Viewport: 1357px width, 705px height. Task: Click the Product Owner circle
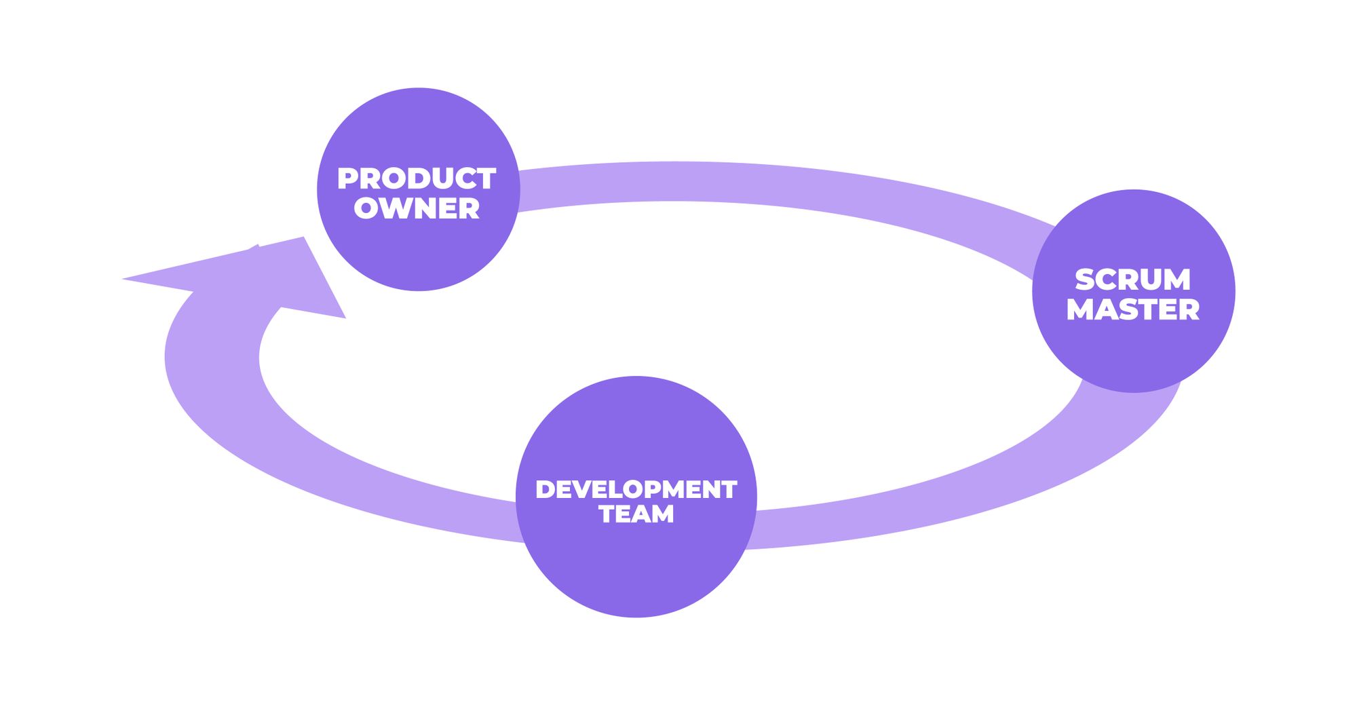pyautogui.click(x=418, y=251)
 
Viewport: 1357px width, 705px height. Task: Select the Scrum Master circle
pyautogui.click(x=1133, y=353)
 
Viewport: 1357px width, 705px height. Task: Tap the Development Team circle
pyautogui.click(x=636, y=570)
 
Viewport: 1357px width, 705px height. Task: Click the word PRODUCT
pyautogui.click(x=417, y=179)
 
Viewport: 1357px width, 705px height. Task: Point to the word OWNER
pyautogui.click(x=417, y=208)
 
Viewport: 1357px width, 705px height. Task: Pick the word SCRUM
pyautogui.click(x=1132, y=280)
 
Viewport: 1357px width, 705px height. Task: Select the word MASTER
pyautogui.click(x=1132, y=309)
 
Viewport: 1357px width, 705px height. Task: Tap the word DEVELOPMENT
pyautogui.click(x=636, y=489)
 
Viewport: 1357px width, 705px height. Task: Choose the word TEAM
pyautogui.click(x=636, y=514)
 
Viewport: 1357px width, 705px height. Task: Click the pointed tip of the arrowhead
pyautogui.click(x=124, y=278)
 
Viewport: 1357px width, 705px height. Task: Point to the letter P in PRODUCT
pyautogui.click(x=349, y=179)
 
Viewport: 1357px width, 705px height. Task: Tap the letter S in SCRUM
pyautogui.click(x=1086, y=280)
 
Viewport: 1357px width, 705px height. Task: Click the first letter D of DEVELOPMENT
pyautogui.click(x=546, y=489)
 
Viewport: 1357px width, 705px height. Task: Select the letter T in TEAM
pyautogui.click(x=608, y=514)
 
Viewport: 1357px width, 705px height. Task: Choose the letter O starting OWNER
pyautogui.click(x=366, y=208)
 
